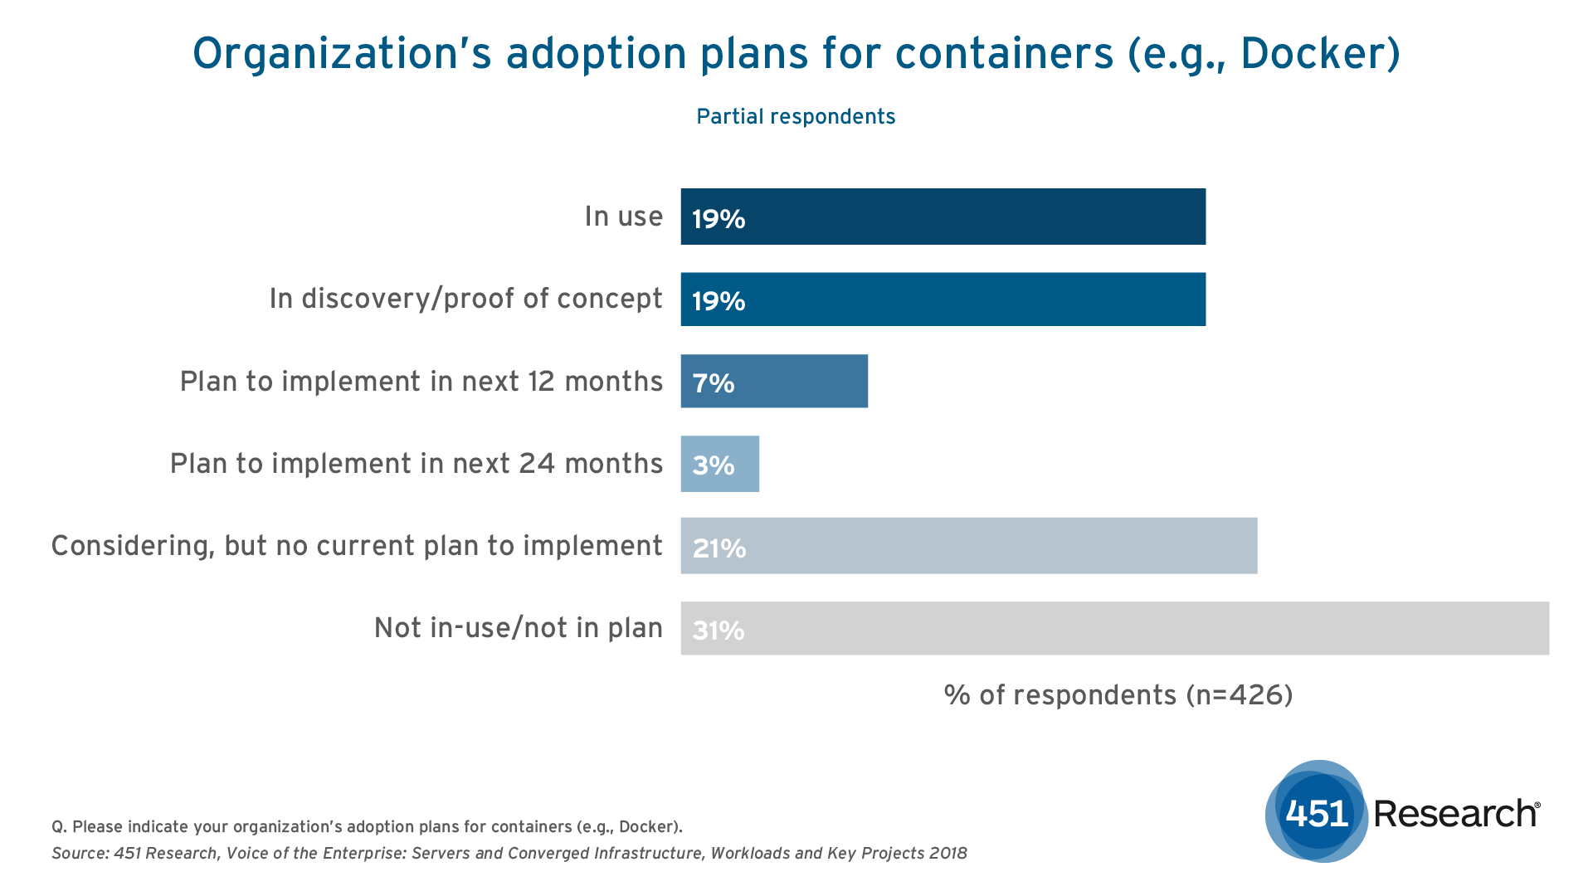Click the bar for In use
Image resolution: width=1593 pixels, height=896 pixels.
tap(943, 217)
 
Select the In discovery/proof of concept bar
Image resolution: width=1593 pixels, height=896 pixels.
tap(943, 299)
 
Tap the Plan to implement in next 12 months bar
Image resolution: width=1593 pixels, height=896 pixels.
tap(774, 382)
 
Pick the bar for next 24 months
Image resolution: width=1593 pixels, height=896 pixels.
tap(719, 464)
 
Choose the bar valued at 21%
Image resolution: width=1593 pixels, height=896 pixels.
tap(968, 546)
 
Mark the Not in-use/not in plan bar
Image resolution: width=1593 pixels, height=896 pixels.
tap(1114, 628)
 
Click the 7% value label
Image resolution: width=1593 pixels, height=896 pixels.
tap(714, 383)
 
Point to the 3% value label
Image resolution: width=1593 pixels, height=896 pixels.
tap(714, 465)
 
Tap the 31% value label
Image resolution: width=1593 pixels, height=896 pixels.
tap(719, 631)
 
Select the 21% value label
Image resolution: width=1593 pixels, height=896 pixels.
tap(719, 548)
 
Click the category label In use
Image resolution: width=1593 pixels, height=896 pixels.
tap(623, 217)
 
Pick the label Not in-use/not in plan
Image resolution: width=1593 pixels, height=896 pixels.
tap(518, 628)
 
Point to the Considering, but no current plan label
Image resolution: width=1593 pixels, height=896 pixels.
tap(357, 546)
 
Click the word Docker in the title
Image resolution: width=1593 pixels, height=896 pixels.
tap(1313, 54)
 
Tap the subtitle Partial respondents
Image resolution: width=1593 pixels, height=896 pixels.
tap(796, 117)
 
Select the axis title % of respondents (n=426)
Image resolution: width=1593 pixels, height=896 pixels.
tap(1118, 695)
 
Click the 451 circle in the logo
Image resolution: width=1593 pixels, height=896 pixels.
tap(1317, 812)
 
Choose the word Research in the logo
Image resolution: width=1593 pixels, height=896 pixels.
tap(1456, 814)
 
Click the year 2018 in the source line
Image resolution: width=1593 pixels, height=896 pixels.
tap(948, 854)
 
